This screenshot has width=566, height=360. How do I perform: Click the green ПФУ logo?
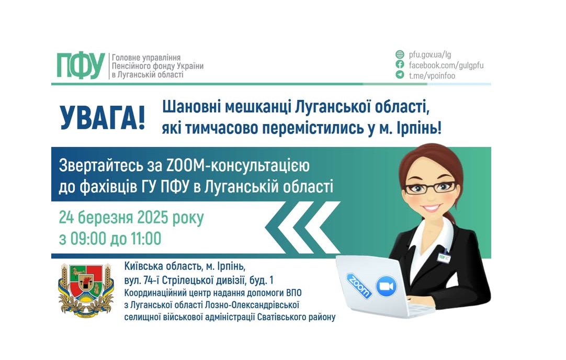81,65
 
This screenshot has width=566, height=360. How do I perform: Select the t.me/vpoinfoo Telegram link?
432,75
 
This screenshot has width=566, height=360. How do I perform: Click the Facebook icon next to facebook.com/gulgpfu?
400,65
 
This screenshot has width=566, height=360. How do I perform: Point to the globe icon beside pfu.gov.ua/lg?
400,54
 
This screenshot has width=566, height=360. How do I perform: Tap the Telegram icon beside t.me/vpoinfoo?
400,75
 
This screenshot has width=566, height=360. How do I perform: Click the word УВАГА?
103,118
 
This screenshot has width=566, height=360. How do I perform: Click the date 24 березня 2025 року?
131,217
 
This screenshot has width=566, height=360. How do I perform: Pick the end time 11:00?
145,239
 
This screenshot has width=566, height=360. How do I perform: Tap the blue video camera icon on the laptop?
386,286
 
